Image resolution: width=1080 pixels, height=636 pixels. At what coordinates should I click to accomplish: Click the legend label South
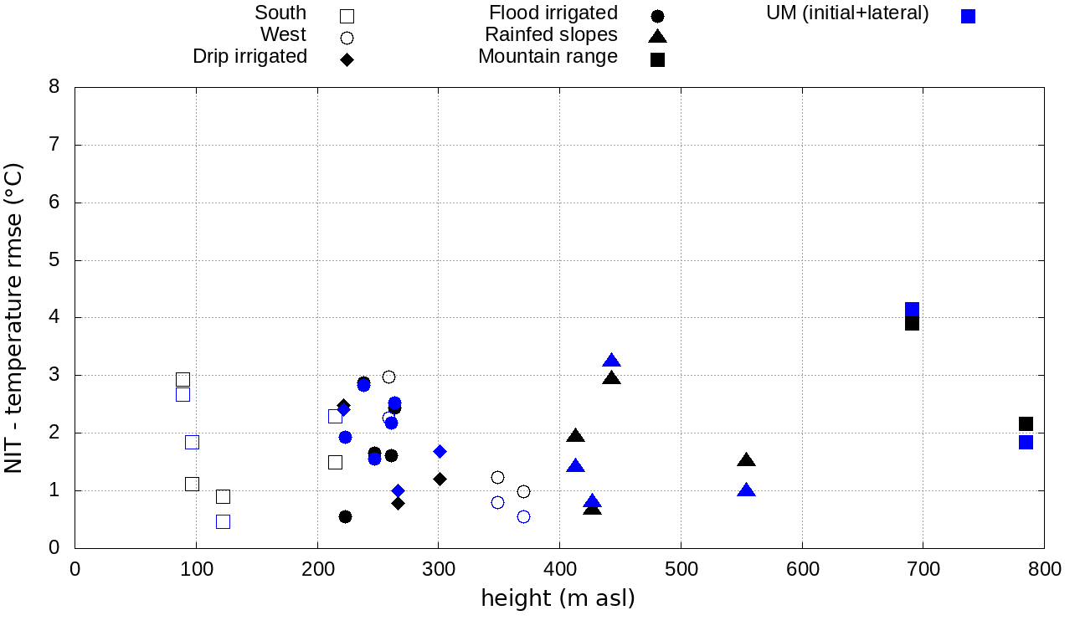[x=280, y=13]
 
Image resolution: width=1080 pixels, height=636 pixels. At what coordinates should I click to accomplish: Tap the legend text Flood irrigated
[x=553, y=13]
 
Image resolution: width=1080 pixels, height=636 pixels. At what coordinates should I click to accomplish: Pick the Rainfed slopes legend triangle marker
[x=657, y=36]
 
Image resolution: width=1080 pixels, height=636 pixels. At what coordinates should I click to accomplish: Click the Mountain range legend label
[x=548, y=57]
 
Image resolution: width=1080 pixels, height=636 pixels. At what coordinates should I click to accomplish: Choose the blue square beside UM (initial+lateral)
[x=968, y=16]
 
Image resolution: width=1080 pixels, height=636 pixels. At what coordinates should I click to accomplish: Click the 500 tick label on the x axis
[x=681, y=570]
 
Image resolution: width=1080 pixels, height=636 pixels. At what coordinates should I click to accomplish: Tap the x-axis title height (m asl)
[x=558, y=598]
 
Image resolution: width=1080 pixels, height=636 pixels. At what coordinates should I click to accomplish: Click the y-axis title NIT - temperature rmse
[x=14, y=318]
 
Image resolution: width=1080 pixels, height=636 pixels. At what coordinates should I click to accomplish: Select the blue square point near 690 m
[x=912, y=310]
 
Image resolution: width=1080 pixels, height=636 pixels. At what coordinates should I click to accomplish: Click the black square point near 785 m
[x=1026, y=424]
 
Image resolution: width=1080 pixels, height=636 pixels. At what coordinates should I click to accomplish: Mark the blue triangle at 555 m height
[x=747, y=490]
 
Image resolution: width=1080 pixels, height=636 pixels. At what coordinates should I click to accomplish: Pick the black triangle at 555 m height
[x=747, y=460]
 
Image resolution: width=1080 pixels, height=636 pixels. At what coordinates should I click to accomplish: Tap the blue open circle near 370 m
[x=523, y=516]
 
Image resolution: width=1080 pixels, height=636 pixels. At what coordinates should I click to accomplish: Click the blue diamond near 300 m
[x=440, y=451]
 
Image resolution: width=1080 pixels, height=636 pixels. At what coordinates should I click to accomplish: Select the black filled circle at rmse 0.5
[x=345, y=516]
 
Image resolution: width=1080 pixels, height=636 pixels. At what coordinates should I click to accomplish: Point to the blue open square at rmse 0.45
[x=223, y=521]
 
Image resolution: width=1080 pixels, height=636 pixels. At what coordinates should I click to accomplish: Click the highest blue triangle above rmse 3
[x=611, y=361]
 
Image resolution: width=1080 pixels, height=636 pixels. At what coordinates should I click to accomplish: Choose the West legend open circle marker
[x=347, y=38]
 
